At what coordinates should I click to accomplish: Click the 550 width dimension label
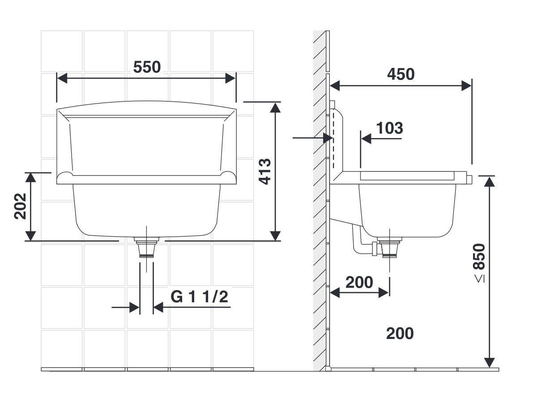click(x=147, y=67)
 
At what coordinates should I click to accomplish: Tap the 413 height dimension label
click(x=265, y=172)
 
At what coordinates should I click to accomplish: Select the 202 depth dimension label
click(x=20, y=206)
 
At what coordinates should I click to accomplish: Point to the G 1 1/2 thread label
click(x=199, y=297)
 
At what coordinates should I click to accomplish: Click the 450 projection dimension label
click(x=401, y=74)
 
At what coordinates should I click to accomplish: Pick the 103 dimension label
click(x=389, y=128)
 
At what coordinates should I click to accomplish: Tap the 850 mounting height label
click(x=479, y=256)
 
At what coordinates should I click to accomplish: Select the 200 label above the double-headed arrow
click(x=359, y=282)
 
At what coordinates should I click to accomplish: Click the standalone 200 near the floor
click(x=400, y=333)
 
